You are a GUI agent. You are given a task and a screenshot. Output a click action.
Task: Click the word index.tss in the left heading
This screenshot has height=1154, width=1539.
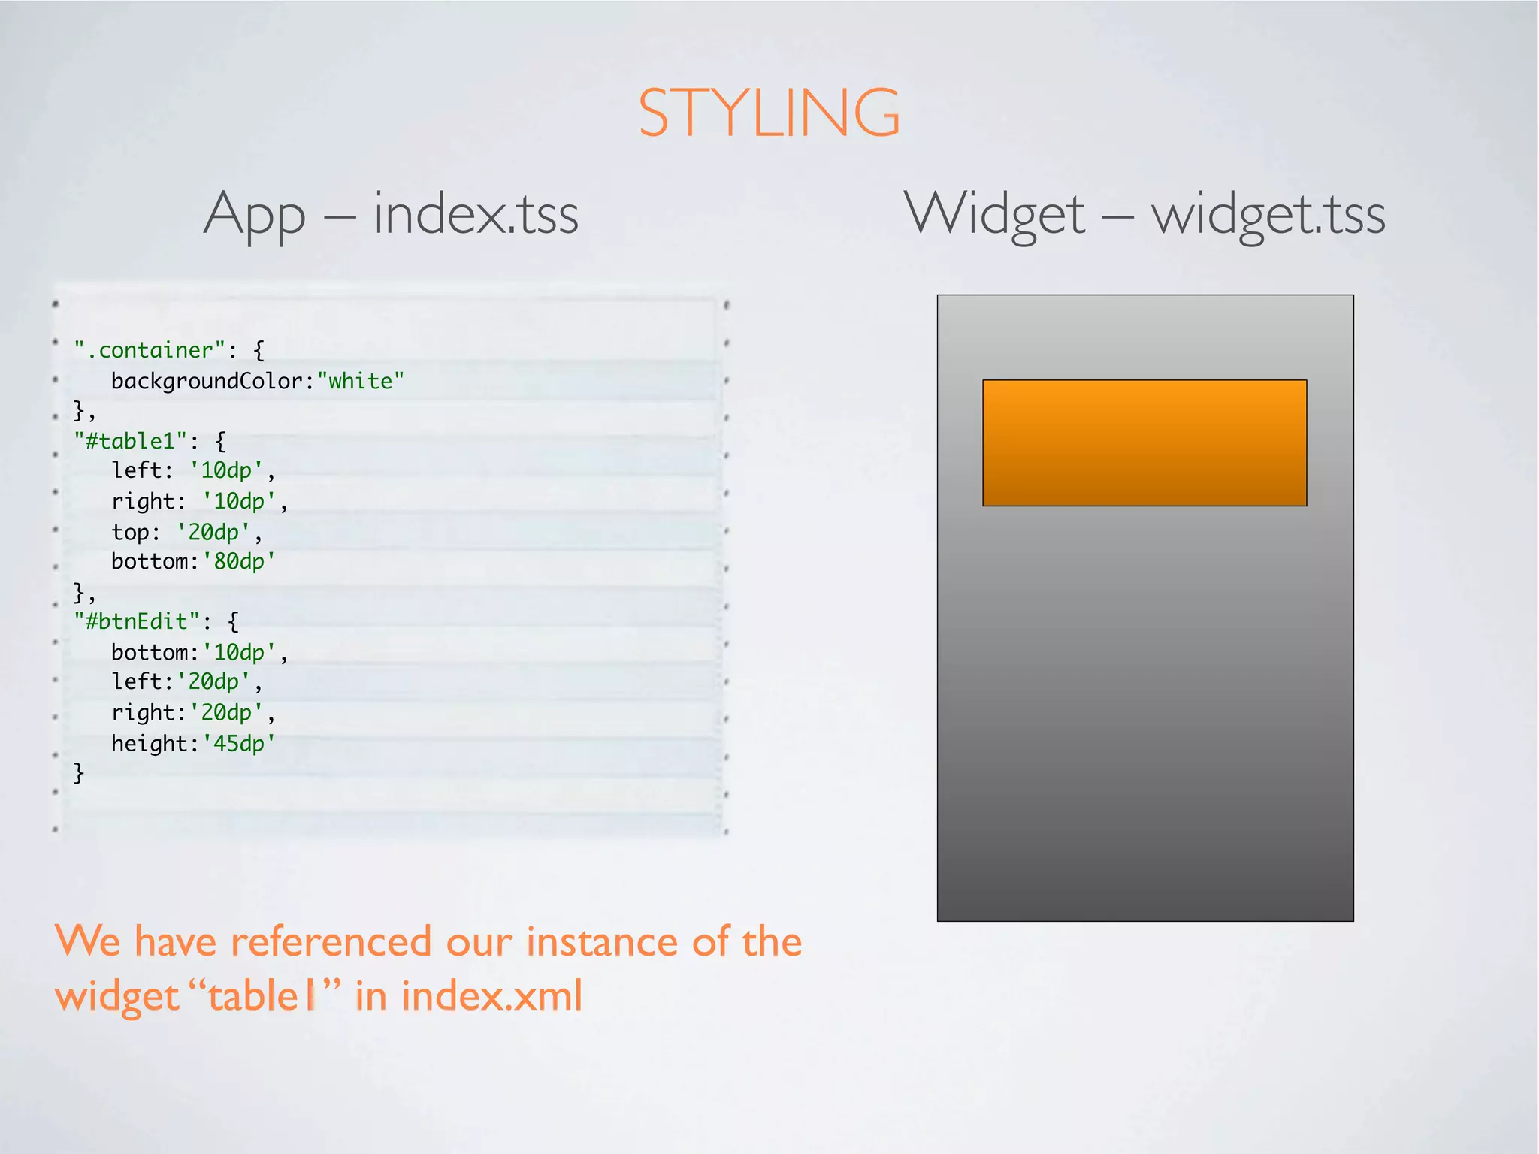476,214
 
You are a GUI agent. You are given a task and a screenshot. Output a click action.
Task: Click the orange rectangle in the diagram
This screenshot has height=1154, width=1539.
1144,443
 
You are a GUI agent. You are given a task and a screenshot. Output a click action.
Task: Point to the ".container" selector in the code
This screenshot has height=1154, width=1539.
150,350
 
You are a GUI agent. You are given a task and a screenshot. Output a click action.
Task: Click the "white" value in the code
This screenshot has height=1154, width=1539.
361,381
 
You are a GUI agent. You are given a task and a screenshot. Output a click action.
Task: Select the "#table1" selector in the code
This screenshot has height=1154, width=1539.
130,440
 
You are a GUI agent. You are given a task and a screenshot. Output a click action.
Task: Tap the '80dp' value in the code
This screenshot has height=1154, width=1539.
239,561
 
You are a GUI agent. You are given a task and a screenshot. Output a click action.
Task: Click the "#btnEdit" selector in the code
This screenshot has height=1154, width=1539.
137,621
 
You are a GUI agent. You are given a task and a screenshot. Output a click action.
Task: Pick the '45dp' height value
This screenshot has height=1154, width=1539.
239,743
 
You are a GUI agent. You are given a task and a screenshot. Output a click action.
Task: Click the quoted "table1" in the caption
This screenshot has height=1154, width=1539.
262,996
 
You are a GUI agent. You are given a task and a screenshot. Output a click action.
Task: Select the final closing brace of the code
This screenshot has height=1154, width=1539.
78,773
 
